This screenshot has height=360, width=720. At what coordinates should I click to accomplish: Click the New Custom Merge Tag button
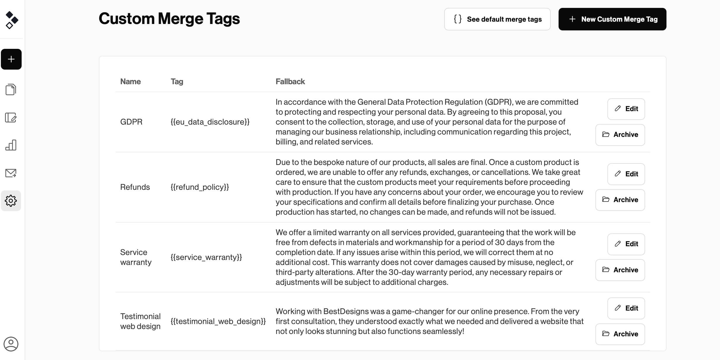pyautogui.click(x=612, y=19)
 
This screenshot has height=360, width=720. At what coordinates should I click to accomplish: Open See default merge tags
pyautogui.click(x=497, y=19)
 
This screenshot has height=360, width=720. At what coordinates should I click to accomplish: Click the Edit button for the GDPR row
pyautogui.click(x=626, y=109)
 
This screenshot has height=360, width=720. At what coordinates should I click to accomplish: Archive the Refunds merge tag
pyautogui.click(x=620, y=200)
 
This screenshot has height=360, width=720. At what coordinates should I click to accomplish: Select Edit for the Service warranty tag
pyautogui.click(x=626, y=244)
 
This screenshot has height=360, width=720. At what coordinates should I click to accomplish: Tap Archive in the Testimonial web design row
pyautogui.click(x=620, y=334)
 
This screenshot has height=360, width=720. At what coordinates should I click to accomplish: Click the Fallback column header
pyautogui.click(x=290, y=82)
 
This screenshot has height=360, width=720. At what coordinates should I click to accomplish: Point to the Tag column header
pyautogui.click(x=177, y=82)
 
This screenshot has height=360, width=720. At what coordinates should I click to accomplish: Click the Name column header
pyautogui.click(x=130, y=82)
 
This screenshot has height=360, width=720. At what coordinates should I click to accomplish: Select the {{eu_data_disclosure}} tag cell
pyautogui.click(x=210, y=122)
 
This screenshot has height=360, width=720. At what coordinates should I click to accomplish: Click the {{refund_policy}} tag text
pyautogui.click(x=200, y=187)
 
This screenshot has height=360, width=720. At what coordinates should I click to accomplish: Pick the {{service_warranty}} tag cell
pyautogui.click(x=206, y=257)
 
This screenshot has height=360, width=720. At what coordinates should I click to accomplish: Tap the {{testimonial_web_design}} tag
pyautogui.click(x=218, y=321)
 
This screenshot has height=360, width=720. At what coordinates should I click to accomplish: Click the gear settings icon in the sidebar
pyautogui.click(x=11, y=201)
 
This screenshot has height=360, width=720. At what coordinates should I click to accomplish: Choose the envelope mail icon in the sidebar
pyautogui.click(x=11, y=173)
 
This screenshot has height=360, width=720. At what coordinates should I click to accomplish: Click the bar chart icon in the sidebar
pyautogui.click(x=11, y=145)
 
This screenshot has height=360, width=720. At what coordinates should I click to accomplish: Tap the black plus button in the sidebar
pyautogui.click(x=11, y=59)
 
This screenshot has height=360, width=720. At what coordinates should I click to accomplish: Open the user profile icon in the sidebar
pyautogui.click(x=11, y=344)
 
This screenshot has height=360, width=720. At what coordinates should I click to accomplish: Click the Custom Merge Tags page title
pyautogui.click(x=169, y=19)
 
